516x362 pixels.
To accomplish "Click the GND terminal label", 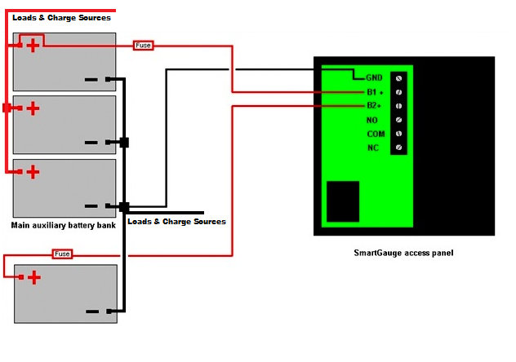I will (x=374, y=78).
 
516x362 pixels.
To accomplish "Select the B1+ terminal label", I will (x=374, y=92).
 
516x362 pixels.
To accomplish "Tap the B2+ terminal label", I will (x=374, y=106).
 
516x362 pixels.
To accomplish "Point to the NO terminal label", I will (x=372, y=120).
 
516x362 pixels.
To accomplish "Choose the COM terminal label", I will (x=376, y=134).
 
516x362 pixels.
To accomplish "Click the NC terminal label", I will (x=373, y=148).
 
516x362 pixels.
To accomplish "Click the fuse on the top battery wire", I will (x=143, y=46).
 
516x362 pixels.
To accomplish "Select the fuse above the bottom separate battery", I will (x=62, y=254).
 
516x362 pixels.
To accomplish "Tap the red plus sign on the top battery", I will (x=33, y=45).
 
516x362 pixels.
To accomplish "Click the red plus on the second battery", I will (x=33, y=108).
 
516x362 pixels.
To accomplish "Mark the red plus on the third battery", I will (x=33, y=171).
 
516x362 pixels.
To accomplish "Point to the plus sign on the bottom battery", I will (x=33, y=278).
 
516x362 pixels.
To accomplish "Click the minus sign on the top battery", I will (x=91, y=80).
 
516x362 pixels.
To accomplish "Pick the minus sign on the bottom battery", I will (x=91, y=311).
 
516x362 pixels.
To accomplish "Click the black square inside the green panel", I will (x=342, y=201).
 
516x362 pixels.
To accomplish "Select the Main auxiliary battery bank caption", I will (x=64, y=224).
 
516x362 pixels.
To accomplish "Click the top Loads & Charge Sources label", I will (x=61, y=17).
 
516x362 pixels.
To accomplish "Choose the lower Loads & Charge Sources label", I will (x=177, y=222).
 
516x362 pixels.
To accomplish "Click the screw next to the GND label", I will (x=398, y=78).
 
